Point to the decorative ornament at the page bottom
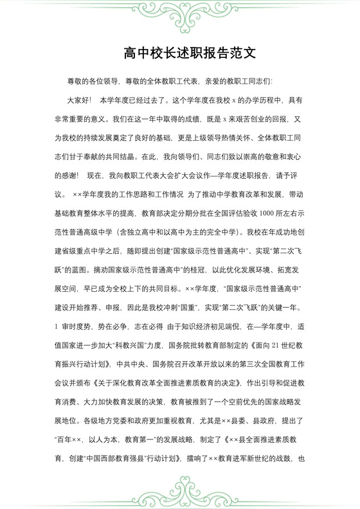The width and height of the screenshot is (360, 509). pyautogui.click(x=180, y=491)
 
